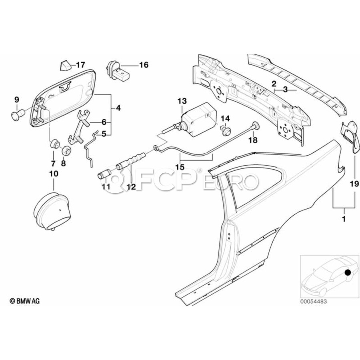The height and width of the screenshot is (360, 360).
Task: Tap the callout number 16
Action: tap(143, 65)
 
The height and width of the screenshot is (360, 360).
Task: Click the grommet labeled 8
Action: tap(66, 151)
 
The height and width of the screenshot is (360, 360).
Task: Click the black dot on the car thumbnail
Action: tap(348, 273)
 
